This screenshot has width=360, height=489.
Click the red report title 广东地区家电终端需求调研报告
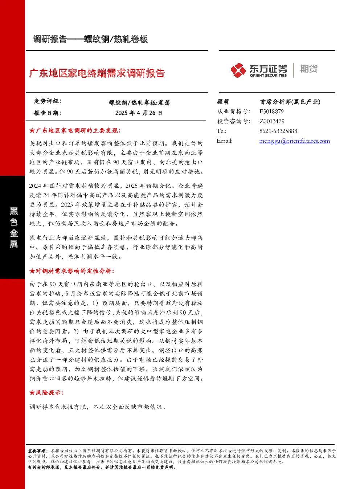coord(97,73)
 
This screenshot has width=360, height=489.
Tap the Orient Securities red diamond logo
coord(238,70)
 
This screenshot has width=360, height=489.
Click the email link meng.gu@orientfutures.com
coord(295,141)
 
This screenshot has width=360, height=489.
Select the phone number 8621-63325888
coord(278,131)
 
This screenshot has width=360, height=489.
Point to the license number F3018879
coord(272,111)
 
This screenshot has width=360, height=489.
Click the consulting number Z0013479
coord(272,121)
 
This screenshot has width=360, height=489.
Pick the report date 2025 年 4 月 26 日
coord(139,113)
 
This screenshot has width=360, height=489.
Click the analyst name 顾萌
coord(223,102)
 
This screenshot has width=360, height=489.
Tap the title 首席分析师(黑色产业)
coord(290,102)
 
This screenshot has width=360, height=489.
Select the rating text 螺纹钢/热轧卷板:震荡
coord(139,103)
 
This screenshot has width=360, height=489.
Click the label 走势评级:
coord(47,101)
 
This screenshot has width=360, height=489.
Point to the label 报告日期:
coord(47,113)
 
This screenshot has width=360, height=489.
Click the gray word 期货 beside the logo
coord(309,69)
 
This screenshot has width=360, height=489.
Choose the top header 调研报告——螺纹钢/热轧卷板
coord(91,39)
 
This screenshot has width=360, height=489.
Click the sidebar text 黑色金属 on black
coord(13,228)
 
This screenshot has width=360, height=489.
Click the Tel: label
coord(221,131)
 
